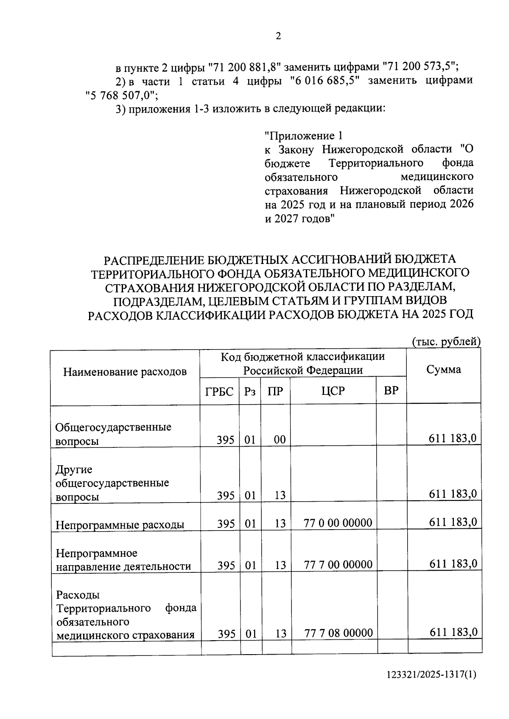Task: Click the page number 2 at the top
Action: [x=278, y=36]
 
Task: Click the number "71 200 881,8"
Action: [x=246, y=67]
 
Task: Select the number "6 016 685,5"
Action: [x=324, y=81]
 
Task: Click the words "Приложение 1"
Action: [x=303, y=136]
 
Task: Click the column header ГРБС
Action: [x=219, y=391]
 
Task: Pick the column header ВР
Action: [x=391, y=390]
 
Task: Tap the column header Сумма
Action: [x=443, y=369]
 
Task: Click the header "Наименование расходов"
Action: [x=125, y=372]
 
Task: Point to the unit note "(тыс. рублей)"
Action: [x=446, y=342]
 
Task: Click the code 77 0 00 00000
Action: [x=338, y=523]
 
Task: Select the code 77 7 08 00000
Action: [x=338, y=633]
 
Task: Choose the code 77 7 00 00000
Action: [x=338, y=564]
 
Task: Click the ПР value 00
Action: [x=280, y=440]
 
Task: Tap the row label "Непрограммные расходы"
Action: [x=120, y=525]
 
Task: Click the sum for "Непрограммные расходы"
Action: [x=453, y=522]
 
